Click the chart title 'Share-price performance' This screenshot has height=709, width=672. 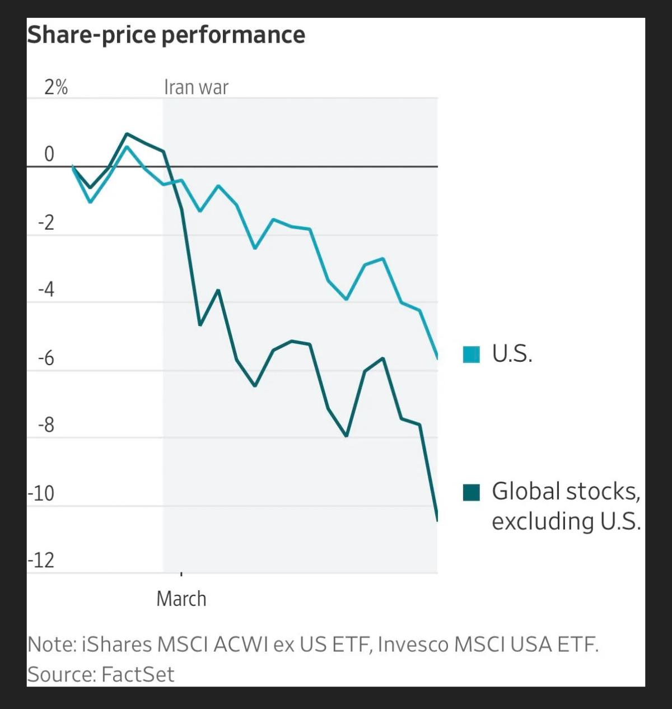coord(166,35)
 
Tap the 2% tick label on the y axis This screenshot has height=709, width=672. coord(56,87)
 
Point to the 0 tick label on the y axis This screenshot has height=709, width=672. coord(49,154)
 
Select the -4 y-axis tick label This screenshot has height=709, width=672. coord(46,290)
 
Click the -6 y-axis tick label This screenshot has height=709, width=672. coord(46,358)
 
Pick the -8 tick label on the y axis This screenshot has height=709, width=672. coord(46,426)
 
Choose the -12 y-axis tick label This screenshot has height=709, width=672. coord(42,561)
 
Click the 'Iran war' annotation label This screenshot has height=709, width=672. coord(196,87)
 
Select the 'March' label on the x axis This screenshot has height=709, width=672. coord(181,599)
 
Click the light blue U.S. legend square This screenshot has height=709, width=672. coord(472,354)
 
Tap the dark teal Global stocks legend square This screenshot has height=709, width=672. coord(472,492)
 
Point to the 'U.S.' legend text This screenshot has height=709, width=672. coord(512,354)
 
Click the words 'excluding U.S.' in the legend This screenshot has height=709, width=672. coord(566,521)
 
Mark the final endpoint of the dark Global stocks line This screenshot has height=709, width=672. coord(437,520)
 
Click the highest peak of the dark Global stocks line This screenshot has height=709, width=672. coord(127,134)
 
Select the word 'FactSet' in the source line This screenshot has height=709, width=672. coord(138,674)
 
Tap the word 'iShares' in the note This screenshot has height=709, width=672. coord(116,645)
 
